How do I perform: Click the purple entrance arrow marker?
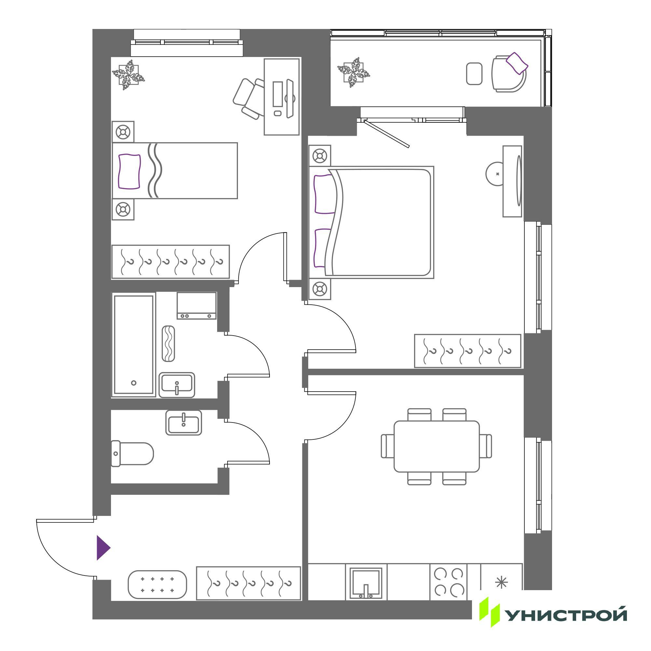click(x=103, y=547)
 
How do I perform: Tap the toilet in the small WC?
click(x=132, y=454)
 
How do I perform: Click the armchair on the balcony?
click(x=509, y=74)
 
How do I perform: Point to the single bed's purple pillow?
click(x=129, y=171)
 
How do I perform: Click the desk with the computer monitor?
click(x=282, y=97)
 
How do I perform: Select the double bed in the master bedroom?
click(x=371, y=222)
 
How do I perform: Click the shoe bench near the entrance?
click(x=157, y=585)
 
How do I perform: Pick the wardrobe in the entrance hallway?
click(x=248, y=583)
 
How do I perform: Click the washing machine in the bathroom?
click(x=197, y=306)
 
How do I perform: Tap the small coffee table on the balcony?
click(x=475, y=74)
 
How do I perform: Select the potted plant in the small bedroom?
click(x=128, y=75)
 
